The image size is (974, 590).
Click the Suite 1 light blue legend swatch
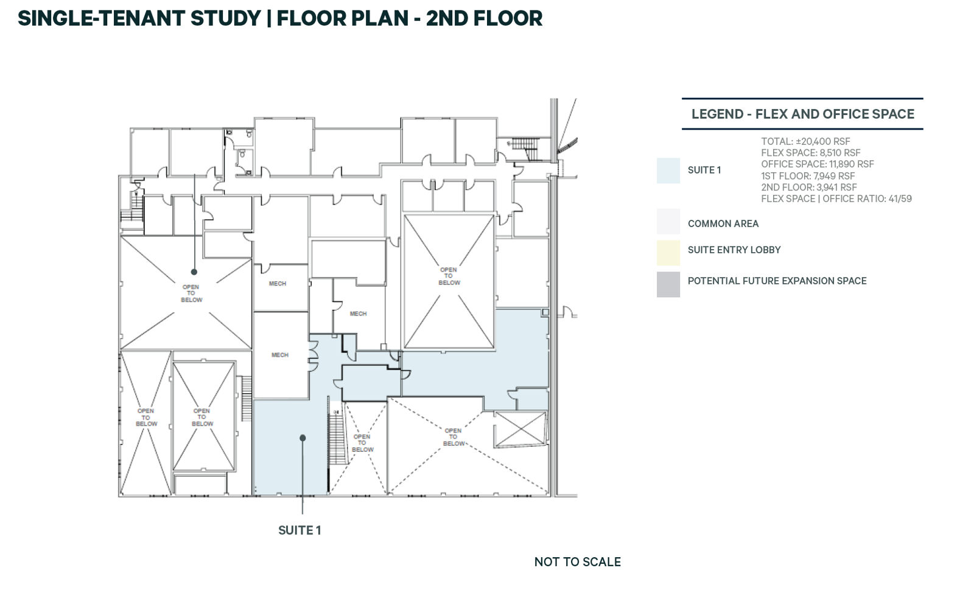point(668,170)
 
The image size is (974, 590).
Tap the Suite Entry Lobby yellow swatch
point(668,253)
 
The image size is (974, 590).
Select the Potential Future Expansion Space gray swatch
point(668,284)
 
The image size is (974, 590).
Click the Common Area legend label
point(723,223)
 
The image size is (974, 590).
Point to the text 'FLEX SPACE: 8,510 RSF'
point(810,153)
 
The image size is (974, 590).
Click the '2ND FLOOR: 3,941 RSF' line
point(808,188)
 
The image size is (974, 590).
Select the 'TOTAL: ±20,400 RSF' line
point(805,141)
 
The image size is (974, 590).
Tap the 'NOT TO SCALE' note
point(577,562)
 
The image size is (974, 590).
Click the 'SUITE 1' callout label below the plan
point(299,530)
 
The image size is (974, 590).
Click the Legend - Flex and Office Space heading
point(802,114)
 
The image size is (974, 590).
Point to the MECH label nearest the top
point(278,283)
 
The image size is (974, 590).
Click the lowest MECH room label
point(280,355)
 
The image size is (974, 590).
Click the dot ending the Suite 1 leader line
point(303,438)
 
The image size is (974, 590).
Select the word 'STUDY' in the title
point(225,18)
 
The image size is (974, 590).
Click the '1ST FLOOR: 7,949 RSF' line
point(808,176)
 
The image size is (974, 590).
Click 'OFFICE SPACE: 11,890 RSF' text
point(817,164)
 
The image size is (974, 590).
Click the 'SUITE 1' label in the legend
point(704,170)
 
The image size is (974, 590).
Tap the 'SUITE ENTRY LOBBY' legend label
point(734,250)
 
